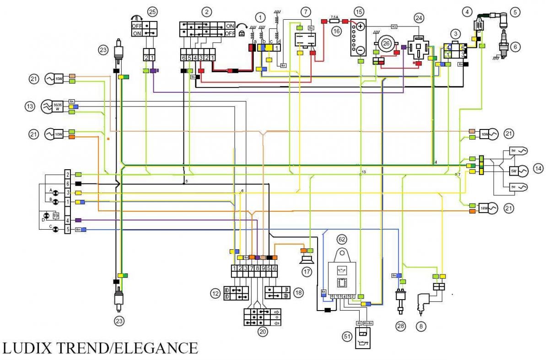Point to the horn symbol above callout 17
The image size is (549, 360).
point(306,259)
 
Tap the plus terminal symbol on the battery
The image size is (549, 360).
point(361,27)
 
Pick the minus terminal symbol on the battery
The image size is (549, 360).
point(361,49)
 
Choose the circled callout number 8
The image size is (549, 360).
point(420,326)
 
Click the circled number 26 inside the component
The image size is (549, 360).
point(387,44)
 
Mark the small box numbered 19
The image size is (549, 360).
point(56,215)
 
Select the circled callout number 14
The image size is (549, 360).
point(538,168)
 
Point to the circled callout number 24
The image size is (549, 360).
point(418,18)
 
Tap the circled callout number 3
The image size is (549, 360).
point(455,33)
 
